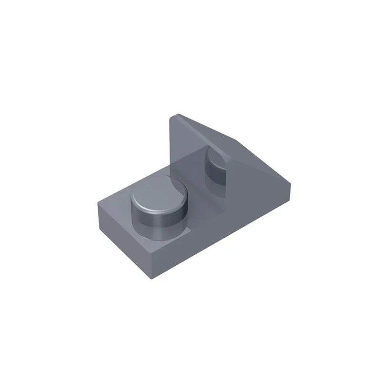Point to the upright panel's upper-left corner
pyautogui.click(x=175, y=115)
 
